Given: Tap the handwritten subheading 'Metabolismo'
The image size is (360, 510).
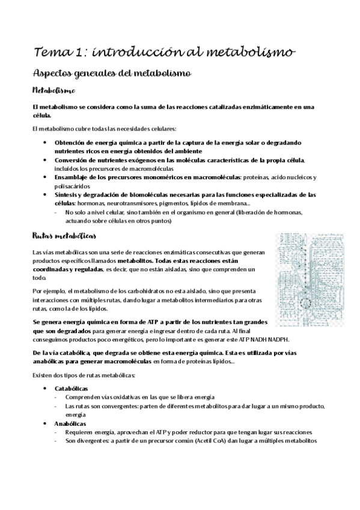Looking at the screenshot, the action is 53,91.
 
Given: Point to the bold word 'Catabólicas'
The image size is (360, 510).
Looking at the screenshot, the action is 71,389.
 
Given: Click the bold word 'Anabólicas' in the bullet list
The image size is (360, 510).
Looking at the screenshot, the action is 70,424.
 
